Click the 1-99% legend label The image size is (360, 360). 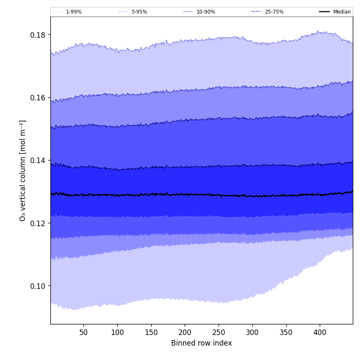pos(74,12)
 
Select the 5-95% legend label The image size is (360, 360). pos(139,12)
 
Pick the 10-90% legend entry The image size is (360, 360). pos(205,12)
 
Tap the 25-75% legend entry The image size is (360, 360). pos(274,12)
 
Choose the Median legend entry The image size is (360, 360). pos(342,12)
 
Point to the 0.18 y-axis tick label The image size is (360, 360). pos(38,35)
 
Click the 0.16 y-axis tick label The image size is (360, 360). pos(38,97)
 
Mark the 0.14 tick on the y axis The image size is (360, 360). pos(38,160)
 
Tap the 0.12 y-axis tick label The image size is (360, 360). pos(38,223)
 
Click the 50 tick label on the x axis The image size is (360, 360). pos(83,332)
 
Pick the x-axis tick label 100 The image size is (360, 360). pos(117,332)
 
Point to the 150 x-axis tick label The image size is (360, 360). pos(151,332)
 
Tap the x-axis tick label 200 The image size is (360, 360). pos(185,332)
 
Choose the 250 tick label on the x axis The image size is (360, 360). pos(219,332)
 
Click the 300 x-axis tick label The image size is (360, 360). pos(252,332)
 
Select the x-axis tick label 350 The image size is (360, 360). pos(286,332)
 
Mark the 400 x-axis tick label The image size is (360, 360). pos(320,332)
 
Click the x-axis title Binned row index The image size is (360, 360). pos(202,343)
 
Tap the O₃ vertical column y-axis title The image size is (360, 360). pos(23,170)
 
